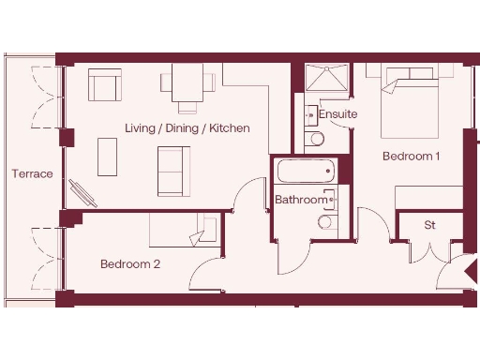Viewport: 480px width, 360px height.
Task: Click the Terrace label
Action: click(x=32, y=174)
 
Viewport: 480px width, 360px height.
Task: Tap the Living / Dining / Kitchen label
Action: click(x=187, y=127)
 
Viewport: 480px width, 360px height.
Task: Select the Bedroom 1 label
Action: click(x=411, y=157)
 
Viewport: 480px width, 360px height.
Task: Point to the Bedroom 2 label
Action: click(x=130, y=264)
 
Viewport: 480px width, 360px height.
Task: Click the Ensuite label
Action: click(x=337, y=114)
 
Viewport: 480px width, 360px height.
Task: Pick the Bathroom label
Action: click(x=301, y=200)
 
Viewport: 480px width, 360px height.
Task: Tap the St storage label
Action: click(x=430, y=225)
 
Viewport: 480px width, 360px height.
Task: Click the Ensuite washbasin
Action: click(x=310, y=115)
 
